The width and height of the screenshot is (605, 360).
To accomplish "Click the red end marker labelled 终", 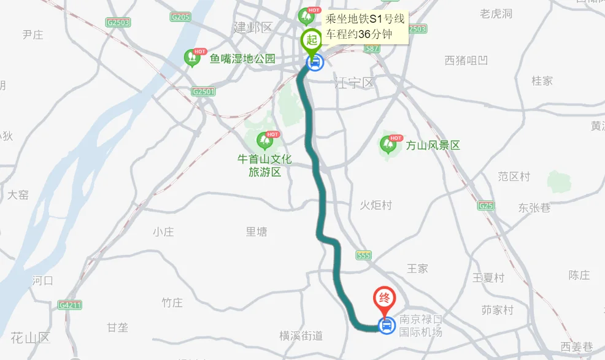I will coord(385,299).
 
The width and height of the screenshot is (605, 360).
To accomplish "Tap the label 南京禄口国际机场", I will coord(420,326).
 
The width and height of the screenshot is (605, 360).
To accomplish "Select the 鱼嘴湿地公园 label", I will coord(242,59).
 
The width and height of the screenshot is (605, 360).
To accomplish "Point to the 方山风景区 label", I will coord(433,145).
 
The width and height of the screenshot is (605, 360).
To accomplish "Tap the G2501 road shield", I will coord(204,91).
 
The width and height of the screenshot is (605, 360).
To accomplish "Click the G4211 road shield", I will coord(70,305).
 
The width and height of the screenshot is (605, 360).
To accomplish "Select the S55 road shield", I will coord(364,255).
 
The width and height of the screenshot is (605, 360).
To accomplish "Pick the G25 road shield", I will coord(486,205).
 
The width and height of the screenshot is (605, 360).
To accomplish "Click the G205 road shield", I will coord(181,17).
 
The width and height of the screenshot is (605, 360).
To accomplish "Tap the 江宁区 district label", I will coord(354,83).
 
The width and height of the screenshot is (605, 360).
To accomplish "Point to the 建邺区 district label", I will coord(252,28).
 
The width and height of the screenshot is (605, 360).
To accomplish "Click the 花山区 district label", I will coord(30,337).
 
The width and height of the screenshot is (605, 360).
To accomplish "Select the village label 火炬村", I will coord(376,205).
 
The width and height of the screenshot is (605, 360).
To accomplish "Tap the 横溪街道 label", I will coord(301,335).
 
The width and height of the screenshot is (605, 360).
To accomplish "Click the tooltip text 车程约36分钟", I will coord(358,34).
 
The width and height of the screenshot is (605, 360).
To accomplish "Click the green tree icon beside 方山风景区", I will coord(388,145).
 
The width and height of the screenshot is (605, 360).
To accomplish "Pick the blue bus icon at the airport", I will coord(386,326).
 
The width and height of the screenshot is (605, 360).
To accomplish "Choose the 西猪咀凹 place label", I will coord(466,60).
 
